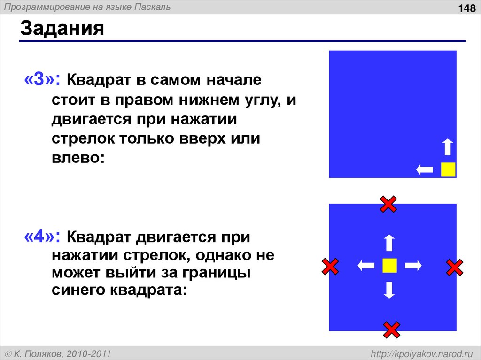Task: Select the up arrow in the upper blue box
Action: coord(448,147)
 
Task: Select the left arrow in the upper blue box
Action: coord(425,169)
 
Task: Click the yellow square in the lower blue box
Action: coord(389,266)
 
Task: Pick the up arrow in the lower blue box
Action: coord(389,243)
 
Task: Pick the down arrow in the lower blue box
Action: coord(389,290)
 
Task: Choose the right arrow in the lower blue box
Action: coord(413,266)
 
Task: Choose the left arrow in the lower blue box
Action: coord(366,266)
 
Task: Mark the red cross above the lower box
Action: coord(388,204)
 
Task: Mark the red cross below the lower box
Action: coord(391,330)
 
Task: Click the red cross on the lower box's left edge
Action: coord(330,267)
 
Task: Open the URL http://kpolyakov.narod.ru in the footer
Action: coord(421,353)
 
